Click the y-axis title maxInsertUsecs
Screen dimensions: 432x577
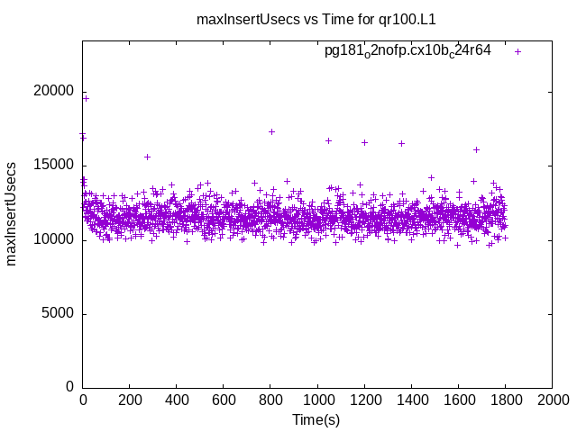pos(12,214)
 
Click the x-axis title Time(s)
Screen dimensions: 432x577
pos(316,419)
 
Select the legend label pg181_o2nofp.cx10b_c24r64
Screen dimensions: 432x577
pos(408,51)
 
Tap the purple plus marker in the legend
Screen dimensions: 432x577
pos(518,51)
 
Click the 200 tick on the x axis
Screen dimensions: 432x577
pos(130,400)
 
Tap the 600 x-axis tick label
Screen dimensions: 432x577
pos(224,400)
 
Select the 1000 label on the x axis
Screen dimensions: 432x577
pos(317,400)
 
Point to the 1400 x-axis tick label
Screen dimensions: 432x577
pos(411,400)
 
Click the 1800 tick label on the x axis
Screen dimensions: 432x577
pos(505,400)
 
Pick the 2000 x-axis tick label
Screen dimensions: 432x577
pos(552,400)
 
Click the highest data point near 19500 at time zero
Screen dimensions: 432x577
pos(86,98)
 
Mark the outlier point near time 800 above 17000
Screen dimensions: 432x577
pos(271,131)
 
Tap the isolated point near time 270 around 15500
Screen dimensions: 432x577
pos(147,157)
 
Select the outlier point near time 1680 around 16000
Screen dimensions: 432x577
pos(476,149)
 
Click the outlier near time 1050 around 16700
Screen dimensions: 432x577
pos(328,140)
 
